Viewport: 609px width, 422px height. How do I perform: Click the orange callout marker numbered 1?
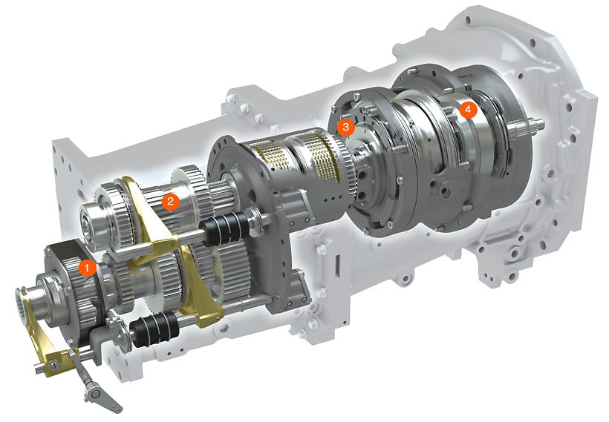(88, 268)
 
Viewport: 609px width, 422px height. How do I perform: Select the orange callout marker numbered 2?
(170, 201)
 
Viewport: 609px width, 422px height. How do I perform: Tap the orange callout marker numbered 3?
(345, 126)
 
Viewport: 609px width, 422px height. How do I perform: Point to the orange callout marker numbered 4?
(468, 110)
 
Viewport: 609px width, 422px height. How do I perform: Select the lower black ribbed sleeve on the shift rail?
(154, 329)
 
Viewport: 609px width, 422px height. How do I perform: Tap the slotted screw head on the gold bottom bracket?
(55, 363)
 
